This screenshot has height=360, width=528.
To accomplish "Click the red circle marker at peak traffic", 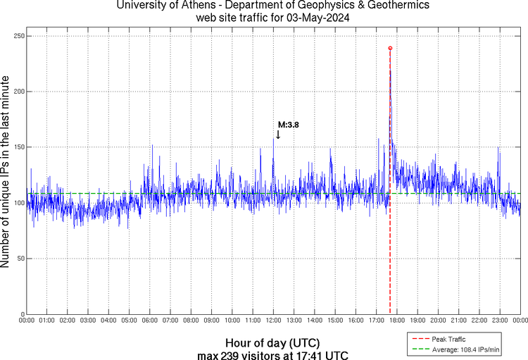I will point(390,48).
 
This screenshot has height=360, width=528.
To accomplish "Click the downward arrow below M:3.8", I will point(278,134).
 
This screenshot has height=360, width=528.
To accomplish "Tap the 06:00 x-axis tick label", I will point(150,321).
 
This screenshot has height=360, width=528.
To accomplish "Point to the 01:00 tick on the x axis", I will point(47,321).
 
